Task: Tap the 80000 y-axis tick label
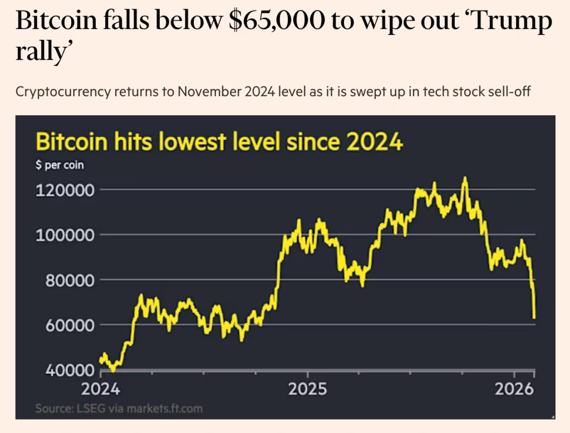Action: (x=63, y=280)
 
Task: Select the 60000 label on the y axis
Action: (x=63, y=325)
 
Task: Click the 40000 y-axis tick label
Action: (x=63, y=370)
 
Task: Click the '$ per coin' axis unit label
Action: (x=60, y=165)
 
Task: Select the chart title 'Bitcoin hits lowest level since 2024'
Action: (x=219, y=142)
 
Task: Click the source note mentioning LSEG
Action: (x=119, y=409)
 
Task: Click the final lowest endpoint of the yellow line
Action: (x=534, y=318)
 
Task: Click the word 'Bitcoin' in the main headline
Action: (x=55, y=22)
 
